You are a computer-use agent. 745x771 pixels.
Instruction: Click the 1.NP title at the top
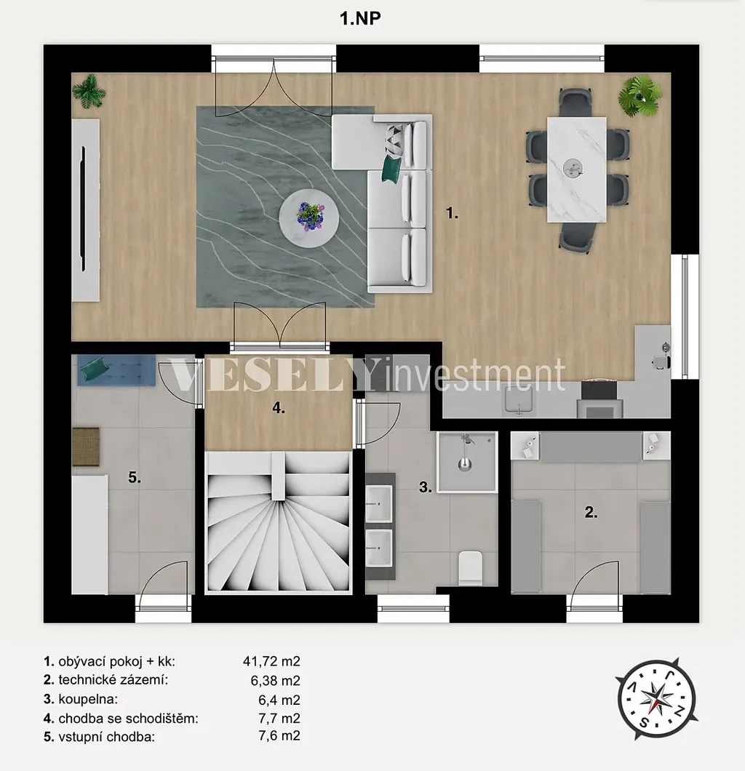pos(360,18)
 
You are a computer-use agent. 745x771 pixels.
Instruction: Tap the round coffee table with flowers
pos(308,217)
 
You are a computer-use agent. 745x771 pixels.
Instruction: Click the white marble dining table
pos(576,169)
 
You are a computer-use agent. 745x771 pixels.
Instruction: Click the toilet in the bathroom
pos(470,568)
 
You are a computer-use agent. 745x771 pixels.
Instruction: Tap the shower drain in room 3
pos(465,463)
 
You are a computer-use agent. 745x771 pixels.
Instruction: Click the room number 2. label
pos(591,512)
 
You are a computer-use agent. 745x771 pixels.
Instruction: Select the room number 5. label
pos(135,477)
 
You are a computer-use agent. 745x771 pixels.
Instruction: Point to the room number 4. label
pos(279,407)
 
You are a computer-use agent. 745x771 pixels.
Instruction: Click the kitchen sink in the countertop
pos(519,399)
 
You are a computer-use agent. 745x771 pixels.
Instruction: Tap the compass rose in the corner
pos(656,699)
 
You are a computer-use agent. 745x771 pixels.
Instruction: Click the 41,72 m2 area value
pos(271,661)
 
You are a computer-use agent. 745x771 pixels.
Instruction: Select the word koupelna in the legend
pos(88,699)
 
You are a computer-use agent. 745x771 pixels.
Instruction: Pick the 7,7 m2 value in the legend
pos(279,718)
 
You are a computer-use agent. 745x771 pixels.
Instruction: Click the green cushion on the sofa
pos(392,169)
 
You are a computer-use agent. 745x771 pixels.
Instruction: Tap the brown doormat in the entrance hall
pos(86,447)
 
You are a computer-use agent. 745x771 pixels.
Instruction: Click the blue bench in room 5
pos(116,370)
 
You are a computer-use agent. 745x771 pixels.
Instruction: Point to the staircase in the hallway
pos(279,522)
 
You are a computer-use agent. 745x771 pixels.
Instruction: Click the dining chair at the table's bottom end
pos(577,238)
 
